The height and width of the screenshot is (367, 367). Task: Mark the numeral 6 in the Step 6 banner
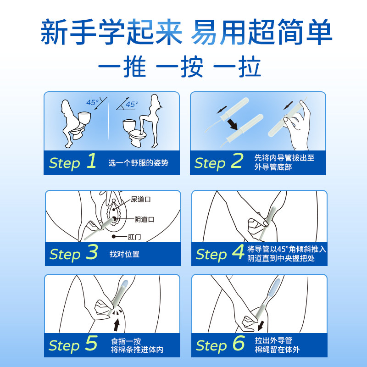(x=237, y=344)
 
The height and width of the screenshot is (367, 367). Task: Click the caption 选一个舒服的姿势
(x=138, y=163)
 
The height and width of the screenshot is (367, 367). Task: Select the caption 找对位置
(x=124, y=254)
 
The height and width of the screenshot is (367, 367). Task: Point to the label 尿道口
(x=140, y=199)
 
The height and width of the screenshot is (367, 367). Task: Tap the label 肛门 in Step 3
(x=134, y=237)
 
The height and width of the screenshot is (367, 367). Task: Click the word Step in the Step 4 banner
(x=211, y=254)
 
